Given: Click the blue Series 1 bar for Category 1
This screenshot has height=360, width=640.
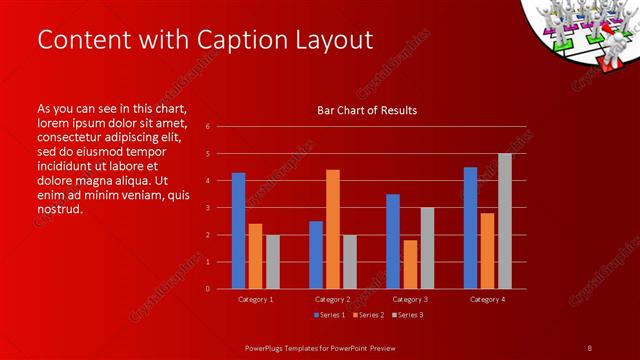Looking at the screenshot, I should click(x=238, y=230).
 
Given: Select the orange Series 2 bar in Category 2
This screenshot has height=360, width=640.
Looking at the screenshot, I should click(x=333, y=229).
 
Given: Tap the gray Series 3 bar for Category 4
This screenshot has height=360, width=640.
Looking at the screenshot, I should click(x=504, y=221).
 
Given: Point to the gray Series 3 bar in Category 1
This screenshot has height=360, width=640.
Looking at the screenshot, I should click(x=273, y=261).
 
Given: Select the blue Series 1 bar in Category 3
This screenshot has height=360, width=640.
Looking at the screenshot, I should click(x=393, y=241).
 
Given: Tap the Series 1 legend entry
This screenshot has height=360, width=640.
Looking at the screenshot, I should click(x=331, y=315).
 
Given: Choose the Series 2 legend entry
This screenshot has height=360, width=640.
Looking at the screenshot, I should click(x=367, y=315).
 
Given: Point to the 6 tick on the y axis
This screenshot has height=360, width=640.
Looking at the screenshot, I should click(x=207, y=127).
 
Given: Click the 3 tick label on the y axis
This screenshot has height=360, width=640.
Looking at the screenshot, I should click(x=207, y=208).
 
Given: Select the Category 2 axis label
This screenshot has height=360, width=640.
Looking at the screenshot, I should click(x=333, y=299).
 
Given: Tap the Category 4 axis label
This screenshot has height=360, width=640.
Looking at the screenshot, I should click(x=487, y=299).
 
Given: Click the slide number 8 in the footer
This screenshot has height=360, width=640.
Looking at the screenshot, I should click(x=589, y=347).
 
